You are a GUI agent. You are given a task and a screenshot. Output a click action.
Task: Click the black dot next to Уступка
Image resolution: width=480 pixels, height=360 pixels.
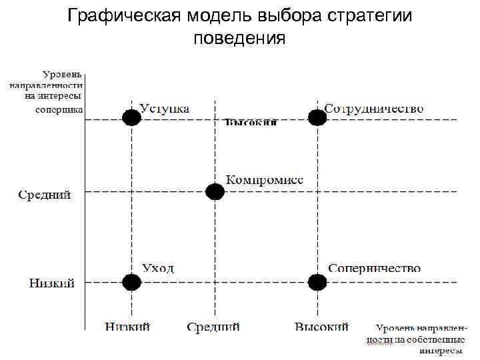pos(132,118)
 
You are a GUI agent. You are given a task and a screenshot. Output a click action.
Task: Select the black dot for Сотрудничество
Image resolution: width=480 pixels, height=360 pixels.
pos(317,118)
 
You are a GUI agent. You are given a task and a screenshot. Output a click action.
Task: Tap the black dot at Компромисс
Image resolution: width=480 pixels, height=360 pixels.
pos(215,192)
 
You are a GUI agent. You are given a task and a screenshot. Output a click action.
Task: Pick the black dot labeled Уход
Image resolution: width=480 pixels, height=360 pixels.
pos(132,283)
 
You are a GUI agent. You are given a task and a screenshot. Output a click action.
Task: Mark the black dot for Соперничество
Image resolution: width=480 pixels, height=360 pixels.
pos(317,283)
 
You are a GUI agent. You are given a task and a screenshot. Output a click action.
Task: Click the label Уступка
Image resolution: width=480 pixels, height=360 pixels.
pos(164,108)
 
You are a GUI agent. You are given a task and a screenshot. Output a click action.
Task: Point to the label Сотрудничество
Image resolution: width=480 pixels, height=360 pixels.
pos(374,108)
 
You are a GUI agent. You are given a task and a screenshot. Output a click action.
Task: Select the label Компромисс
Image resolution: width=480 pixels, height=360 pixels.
pos(265,180)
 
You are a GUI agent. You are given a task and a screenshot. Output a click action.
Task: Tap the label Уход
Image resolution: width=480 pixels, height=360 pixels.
pos(158,268)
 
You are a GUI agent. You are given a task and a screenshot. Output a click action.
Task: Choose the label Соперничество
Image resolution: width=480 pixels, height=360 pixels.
pos(374,268)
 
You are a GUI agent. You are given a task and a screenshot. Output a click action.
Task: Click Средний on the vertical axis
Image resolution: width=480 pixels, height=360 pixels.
pos(44,195)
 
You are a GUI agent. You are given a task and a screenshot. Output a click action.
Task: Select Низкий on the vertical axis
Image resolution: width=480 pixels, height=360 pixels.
pos(51,283)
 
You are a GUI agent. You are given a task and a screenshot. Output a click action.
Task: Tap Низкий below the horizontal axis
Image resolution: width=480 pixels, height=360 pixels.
pos(127,327)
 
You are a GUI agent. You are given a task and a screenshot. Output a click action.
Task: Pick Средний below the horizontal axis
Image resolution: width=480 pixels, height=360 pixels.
pos(213,327)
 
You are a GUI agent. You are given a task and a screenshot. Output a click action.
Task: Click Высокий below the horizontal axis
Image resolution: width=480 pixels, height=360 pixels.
pos(322,327)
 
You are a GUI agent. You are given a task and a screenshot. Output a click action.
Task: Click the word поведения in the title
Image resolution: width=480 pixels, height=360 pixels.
pos(239,38)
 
